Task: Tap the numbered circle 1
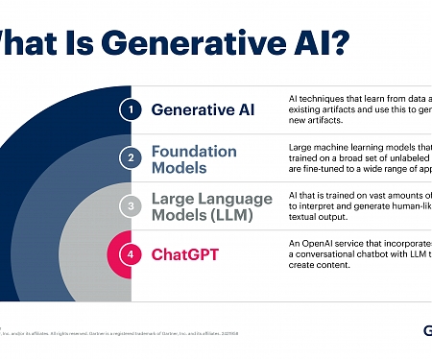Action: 131,108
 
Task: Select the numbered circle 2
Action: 131,158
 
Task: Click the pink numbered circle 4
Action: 131,255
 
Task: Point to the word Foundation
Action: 194,151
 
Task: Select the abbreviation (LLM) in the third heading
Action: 239,216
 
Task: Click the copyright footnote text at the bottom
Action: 115,334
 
